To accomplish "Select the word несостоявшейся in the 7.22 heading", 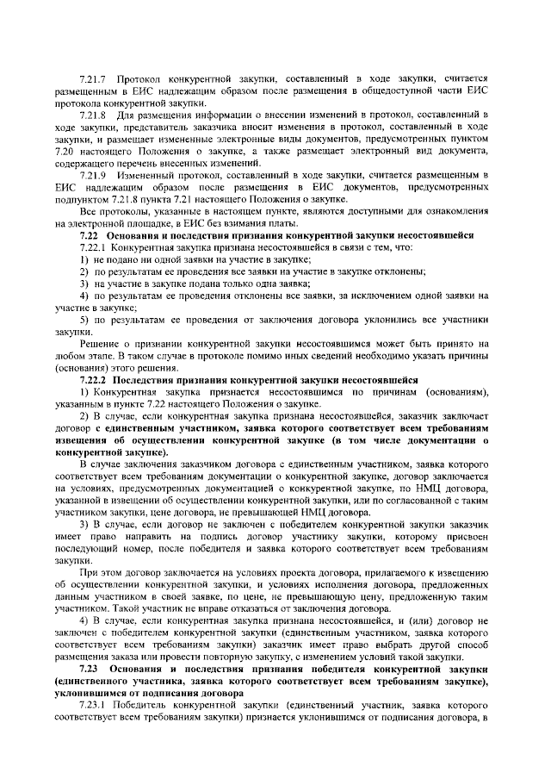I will coord(430,235).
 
